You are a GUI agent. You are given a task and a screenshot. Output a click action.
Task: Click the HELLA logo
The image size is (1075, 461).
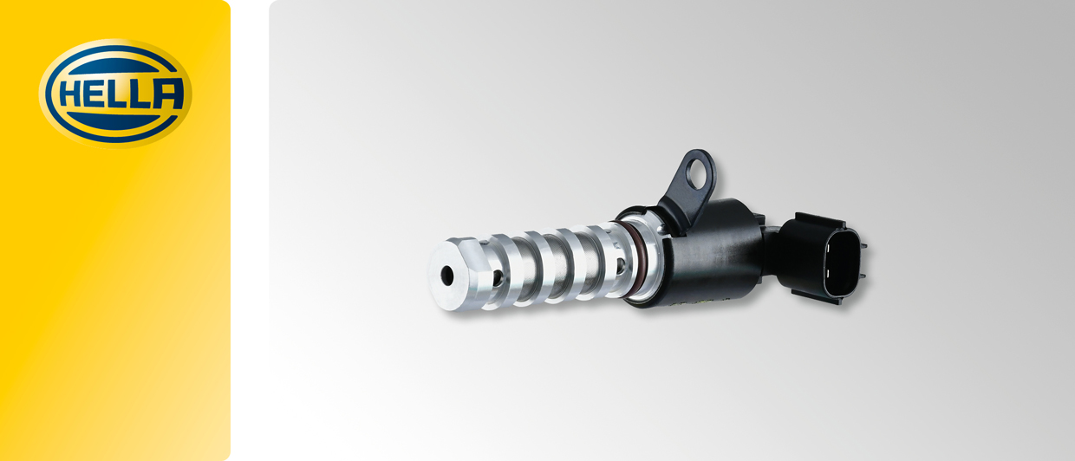click(x=114, y=93)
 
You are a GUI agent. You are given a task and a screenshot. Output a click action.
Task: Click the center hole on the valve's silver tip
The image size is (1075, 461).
click(x=447, y=276)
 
